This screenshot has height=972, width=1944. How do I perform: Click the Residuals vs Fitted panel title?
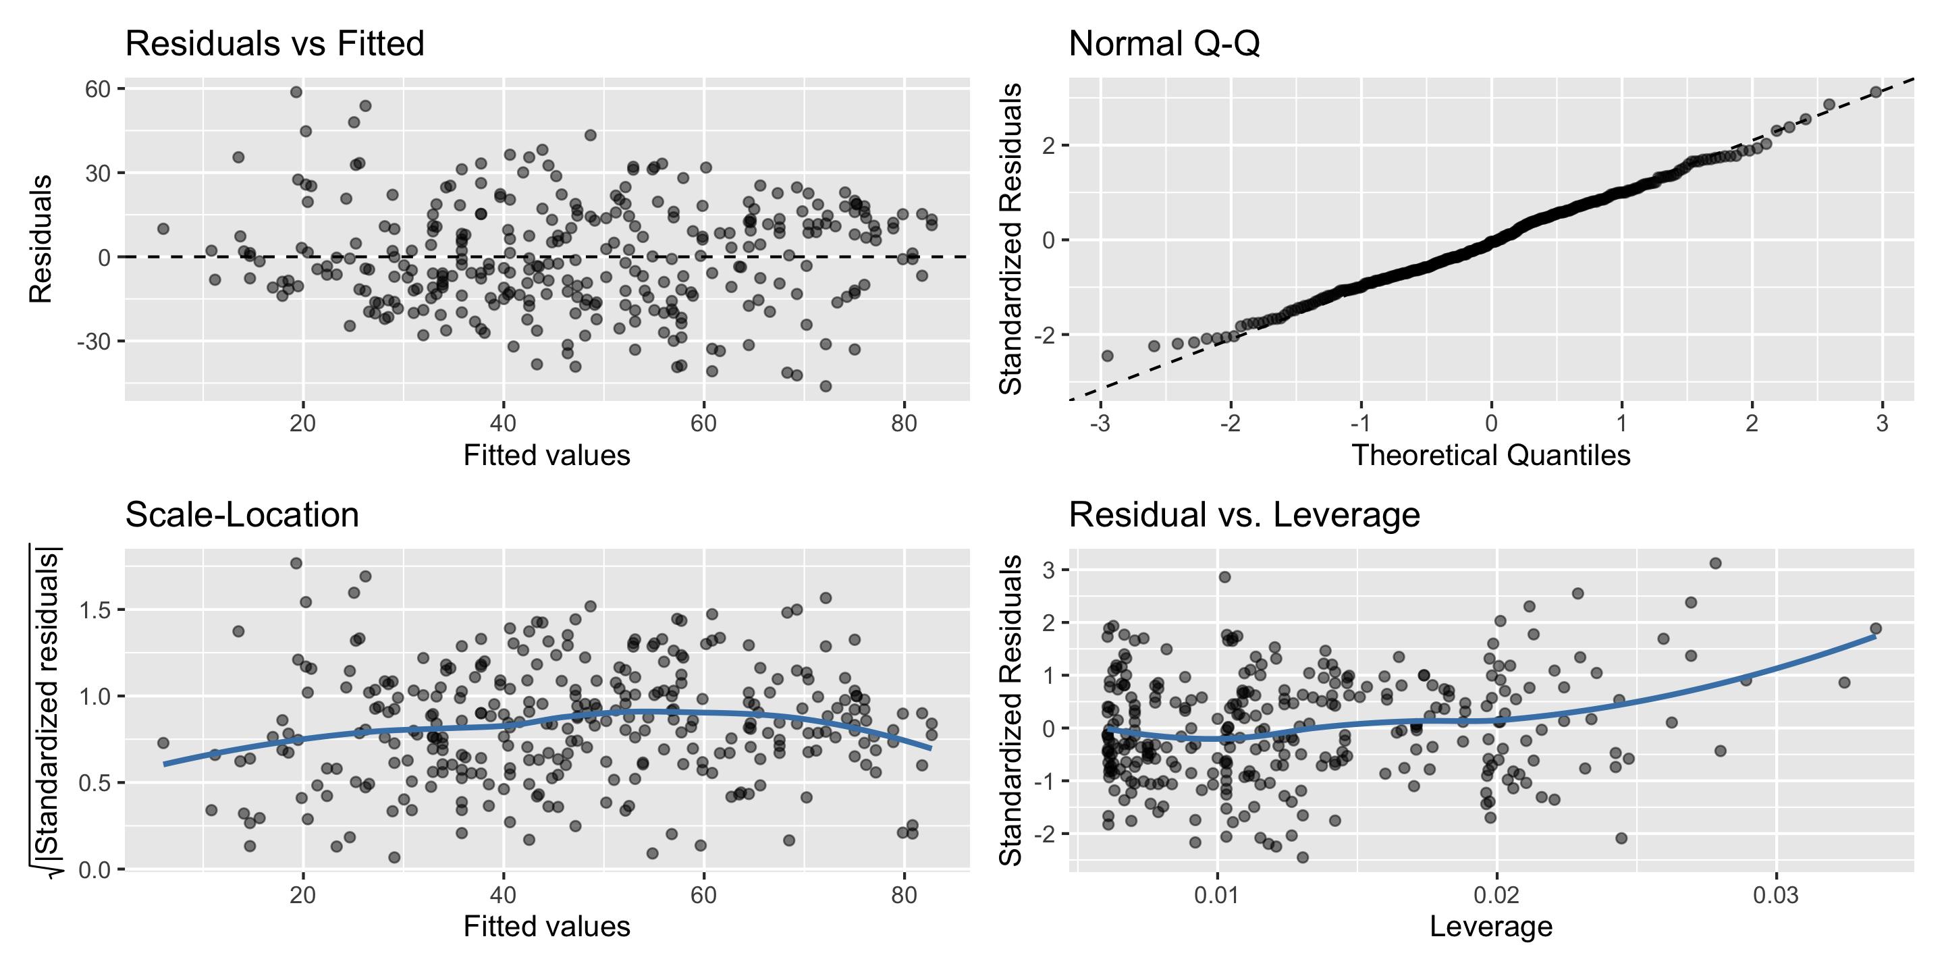pos(275,44)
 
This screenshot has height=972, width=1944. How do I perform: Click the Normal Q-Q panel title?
pos(1164,44)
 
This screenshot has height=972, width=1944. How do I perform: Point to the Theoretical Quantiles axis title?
pos(1490,455)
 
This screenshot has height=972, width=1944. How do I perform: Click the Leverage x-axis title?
pos(1490,926)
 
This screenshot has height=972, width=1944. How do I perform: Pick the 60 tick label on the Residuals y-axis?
pos(98,89)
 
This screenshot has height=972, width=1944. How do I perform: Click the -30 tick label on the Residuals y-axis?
pos(94,341)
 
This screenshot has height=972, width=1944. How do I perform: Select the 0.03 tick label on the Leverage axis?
pos(1776,895)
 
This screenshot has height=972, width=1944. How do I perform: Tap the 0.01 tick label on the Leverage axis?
pos(1216,895)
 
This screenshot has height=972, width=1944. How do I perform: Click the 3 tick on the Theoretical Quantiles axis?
pos(1881,423)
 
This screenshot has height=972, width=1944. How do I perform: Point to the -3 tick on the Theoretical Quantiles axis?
pos(1100,423)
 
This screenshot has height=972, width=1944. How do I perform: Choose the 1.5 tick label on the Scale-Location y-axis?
pos(95,610)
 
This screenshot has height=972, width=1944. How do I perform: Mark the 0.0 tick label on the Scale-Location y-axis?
pos(95,869)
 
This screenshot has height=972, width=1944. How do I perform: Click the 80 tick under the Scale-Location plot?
pos(903,895)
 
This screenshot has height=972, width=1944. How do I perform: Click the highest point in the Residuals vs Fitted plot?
pos(296,92)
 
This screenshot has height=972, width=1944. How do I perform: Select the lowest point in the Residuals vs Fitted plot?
pos(826,386)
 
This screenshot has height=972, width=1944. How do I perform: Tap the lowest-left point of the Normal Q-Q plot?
pos(1107,356)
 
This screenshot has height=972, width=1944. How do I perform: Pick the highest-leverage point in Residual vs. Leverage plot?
pos(1875,628)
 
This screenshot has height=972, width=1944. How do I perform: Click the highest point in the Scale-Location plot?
pos(296,563)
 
